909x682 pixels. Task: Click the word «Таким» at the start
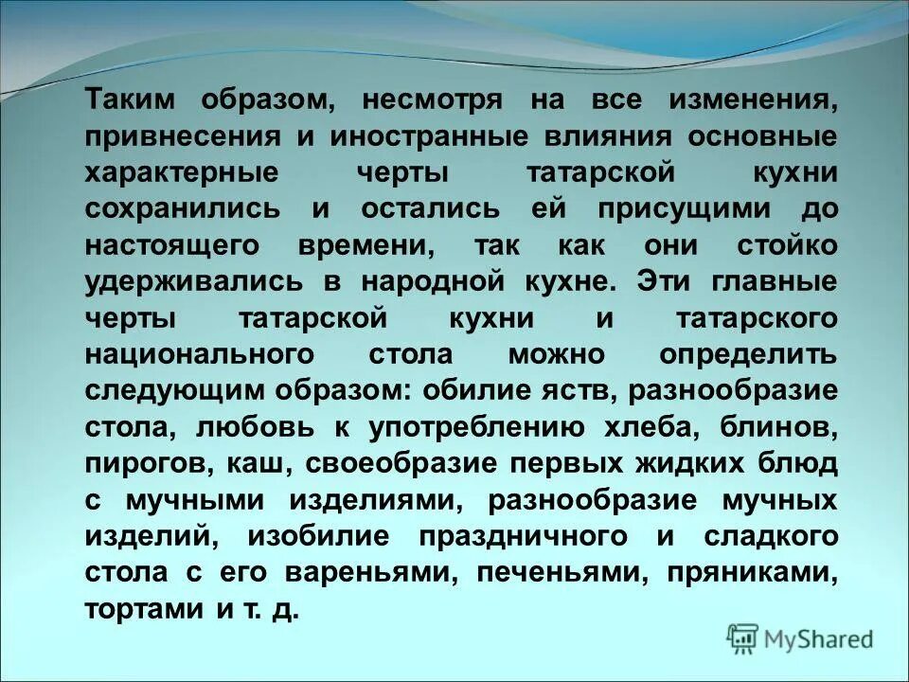click(x=128, y=100)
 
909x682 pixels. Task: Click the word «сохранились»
click(x=183, y=209)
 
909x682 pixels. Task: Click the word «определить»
click(x=748, y=355)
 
